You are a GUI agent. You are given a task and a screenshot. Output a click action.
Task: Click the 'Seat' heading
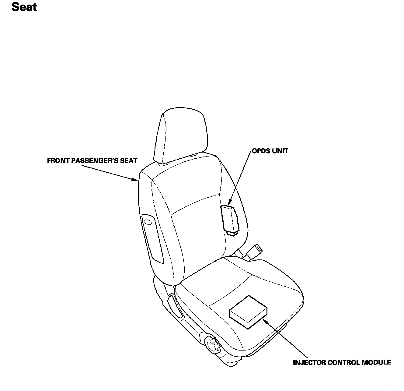24,7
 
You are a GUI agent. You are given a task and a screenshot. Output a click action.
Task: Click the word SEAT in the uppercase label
129,160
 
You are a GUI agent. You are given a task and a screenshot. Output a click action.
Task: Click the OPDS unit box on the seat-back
230,218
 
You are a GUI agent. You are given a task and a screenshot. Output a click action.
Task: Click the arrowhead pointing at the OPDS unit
230,202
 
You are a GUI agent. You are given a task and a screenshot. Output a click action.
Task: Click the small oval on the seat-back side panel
148,221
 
